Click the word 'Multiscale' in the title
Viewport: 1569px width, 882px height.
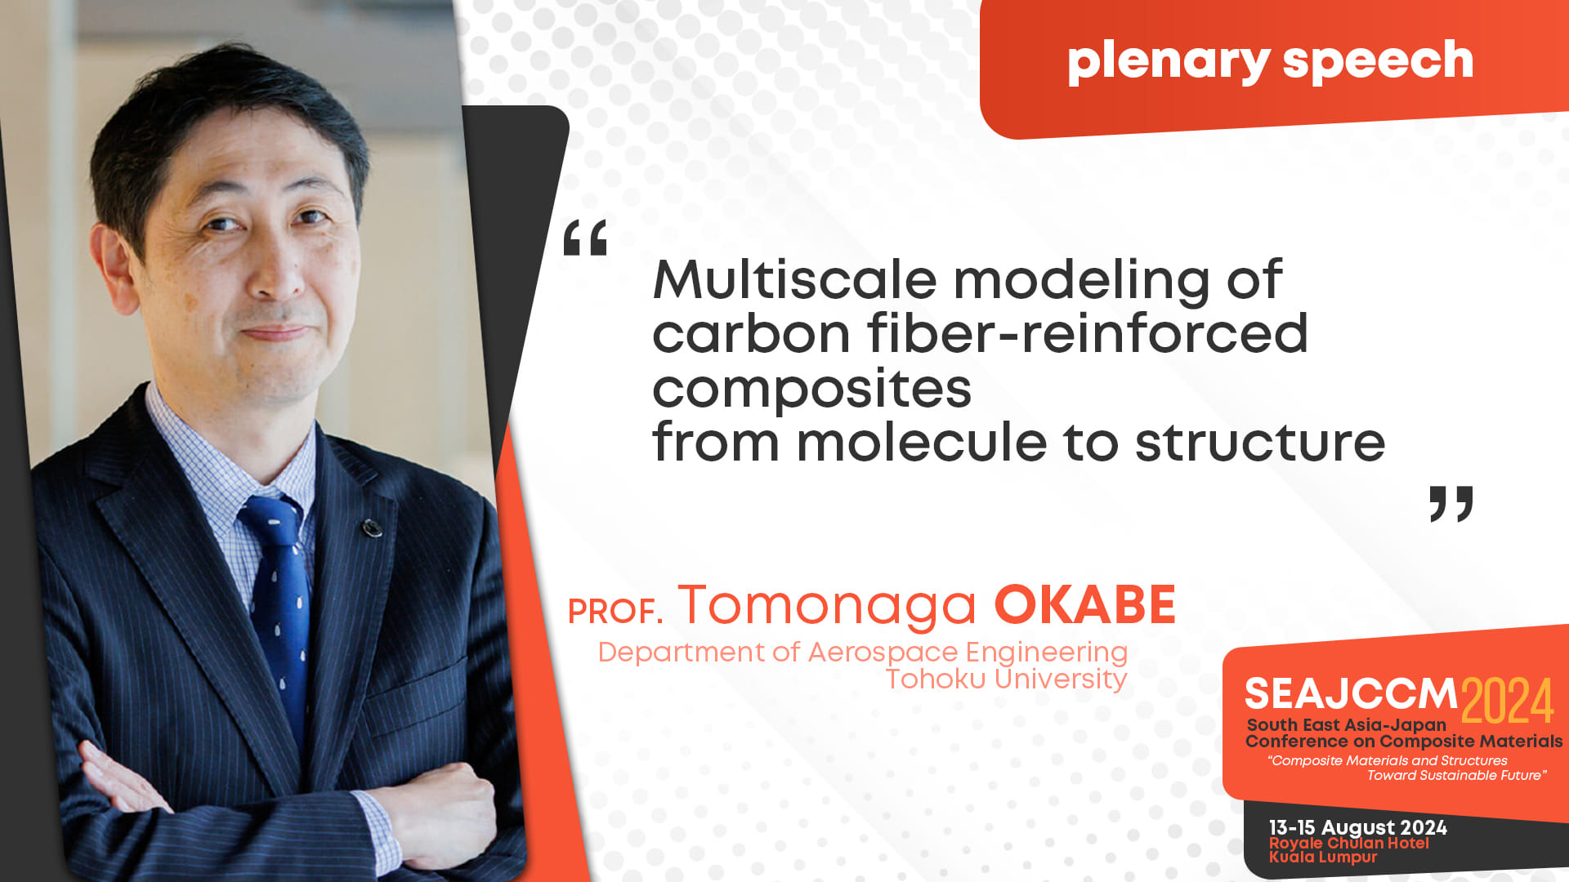point(795,279)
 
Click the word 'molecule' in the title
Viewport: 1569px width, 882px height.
point(922,442)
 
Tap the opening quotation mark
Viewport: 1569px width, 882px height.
point(585,237)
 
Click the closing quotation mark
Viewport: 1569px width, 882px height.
point(1451,504)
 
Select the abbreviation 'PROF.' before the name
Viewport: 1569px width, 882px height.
point(615,612)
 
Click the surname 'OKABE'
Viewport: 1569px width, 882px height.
point(1084,605)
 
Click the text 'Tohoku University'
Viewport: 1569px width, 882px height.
point(1007,679)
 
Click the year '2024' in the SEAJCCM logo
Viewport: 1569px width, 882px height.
point(1507,701)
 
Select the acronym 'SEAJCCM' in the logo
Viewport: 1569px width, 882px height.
point(1351,695)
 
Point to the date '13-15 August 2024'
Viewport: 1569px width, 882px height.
point(1358,827)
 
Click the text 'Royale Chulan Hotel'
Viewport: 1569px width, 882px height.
point(1349,843)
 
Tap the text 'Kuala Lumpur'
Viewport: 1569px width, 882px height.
point(1323,857)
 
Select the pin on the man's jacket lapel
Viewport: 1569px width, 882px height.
point(373,528)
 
